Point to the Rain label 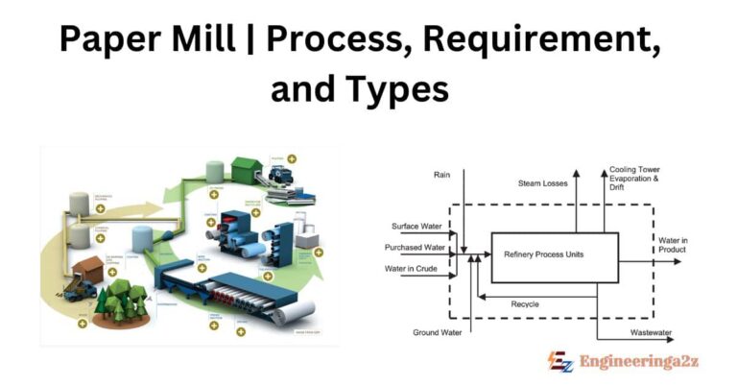point(441,175)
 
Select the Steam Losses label point(543,182)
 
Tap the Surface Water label point(418,227)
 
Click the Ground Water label point(438,332)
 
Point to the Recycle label point(524,304)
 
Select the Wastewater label point(650,332)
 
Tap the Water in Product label point(672,245)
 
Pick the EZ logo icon point(560,362)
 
